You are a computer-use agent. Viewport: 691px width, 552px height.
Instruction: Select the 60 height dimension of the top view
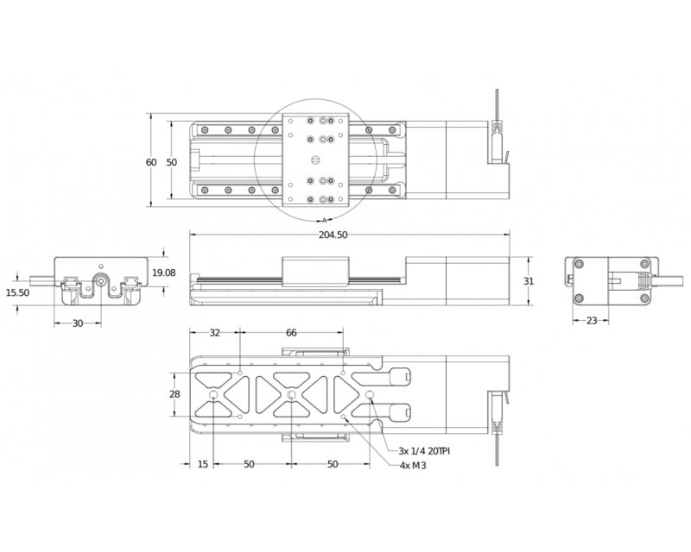151,162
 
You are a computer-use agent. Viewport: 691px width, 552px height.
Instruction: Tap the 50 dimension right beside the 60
171,162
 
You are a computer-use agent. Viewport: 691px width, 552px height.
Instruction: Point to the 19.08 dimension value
164,273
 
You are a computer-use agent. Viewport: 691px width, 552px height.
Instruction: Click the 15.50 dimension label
18,293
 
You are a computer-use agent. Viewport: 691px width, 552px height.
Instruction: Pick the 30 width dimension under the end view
79,323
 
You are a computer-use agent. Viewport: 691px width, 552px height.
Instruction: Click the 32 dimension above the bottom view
215,332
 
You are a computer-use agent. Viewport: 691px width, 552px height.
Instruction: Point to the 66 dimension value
291,332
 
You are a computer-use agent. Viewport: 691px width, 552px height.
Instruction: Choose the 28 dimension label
174,394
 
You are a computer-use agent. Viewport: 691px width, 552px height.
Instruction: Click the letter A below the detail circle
324,219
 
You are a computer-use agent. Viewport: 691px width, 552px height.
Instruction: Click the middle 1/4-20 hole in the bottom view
291,395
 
